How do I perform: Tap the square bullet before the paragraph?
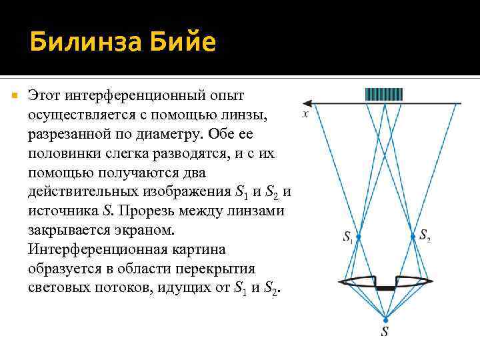[14, 97]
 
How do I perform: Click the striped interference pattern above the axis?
[384, 94]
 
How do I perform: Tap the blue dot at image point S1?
[358, 237]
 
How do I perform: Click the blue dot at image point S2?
[411, 237]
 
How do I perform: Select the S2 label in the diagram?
[424, 235]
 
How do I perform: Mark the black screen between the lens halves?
[385, 288]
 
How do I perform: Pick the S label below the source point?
[385, 331]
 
